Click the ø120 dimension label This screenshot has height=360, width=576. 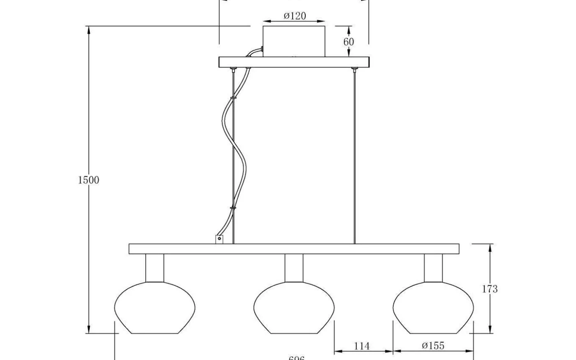[295, 16]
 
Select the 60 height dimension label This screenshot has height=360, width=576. [348, 42]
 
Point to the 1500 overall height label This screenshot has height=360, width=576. [89, 180]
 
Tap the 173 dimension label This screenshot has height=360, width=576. [490, 289]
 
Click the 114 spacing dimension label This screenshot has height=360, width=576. [362, 346]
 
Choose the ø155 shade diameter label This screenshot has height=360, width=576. [433, 346]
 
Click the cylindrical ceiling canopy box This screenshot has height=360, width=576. [294, 41]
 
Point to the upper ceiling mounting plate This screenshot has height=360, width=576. [294, 62]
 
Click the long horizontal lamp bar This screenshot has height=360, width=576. [294, 249]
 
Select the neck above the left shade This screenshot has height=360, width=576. [155, 268]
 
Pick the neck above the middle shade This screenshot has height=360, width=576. [294, 268]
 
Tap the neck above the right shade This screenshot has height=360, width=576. [434, 268]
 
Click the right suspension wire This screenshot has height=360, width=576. [354, 156]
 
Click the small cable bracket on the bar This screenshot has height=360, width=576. [219, 239]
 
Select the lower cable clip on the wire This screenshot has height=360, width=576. [233, 208]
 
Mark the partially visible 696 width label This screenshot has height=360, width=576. [296, 358]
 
